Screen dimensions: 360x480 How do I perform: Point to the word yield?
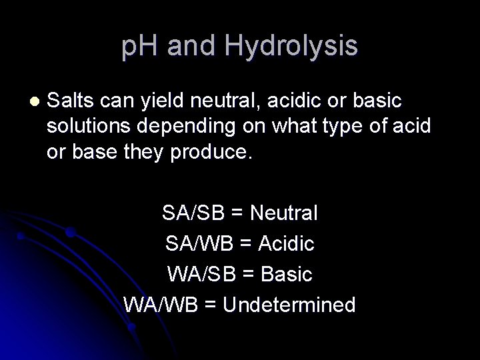[x=163, y=101]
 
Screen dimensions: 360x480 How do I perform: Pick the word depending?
[x=195, y=127]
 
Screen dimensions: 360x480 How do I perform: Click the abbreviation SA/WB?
[x=199, y=244]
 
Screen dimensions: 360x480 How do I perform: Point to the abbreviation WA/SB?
[x=199, y=274]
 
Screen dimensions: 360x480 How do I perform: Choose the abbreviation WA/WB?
[x=159, y=305]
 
